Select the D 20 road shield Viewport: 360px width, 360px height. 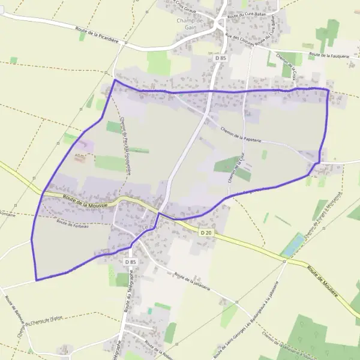tap(206, 232)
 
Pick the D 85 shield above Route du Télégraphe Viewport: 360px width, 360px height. tap(131, 262)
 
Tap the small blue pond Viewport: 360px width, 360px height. tap(293, 245)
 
